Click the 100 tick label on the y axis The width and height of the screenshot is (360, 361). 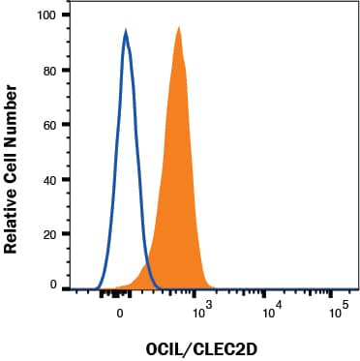[x=45, y=15]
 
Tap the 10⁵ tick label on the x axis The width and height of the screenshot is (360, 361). [x=339, y=311]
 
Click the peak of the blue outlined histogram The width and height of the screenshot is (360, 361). [x=126, y=32]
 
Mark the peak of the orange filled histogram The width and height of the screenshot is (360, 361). [x=179, y=28]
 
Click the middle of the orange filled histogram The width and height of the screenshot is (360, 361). [x=177, y=194]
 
